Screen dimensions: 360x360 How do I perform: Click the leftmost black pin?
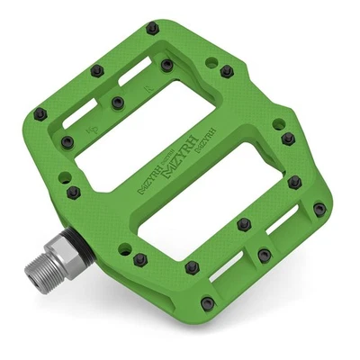pos(40,113)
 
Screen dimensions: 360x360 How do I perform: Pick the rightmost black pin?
pos(319,209)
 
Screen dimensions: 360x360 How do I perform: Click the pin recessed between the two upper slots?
pos(116,103)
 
